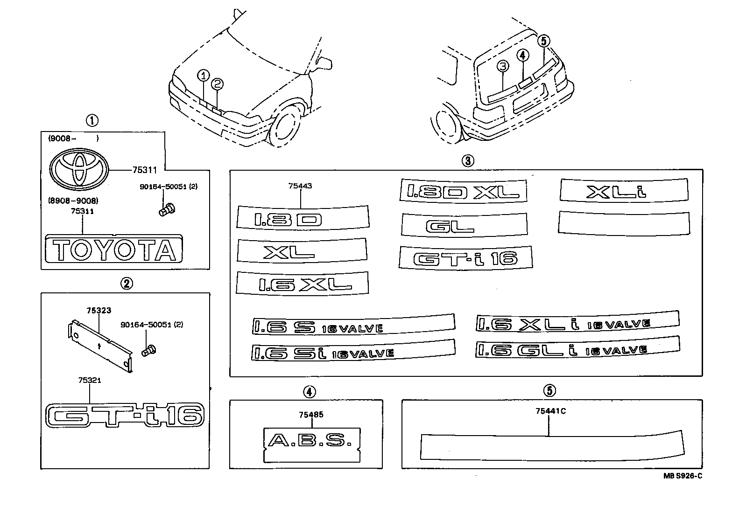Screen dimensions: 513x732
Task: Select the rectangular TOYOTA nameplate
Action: click(114, 250)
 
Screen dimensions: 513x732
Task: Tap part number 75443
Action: click(300, 186)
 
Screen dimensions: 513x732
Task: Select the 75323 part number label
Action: click(99, 311)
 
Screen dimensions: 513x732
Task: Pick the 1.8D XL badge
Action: click(463, 191)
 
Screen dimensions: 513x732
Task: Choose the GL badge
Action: click(464, 226)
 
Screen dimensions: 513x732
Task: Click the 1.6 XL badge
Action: click(303, 284)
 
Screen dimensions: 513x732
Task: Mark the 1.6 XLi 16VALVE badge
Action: click(577, 323)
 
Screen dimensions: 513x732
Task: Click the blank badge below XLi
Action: click(624, 222)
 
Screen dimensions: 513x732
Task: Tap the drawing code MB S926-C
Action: click(683, 476)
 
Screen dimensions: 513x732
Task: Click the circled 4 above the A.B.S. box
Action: click(308, 392)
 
